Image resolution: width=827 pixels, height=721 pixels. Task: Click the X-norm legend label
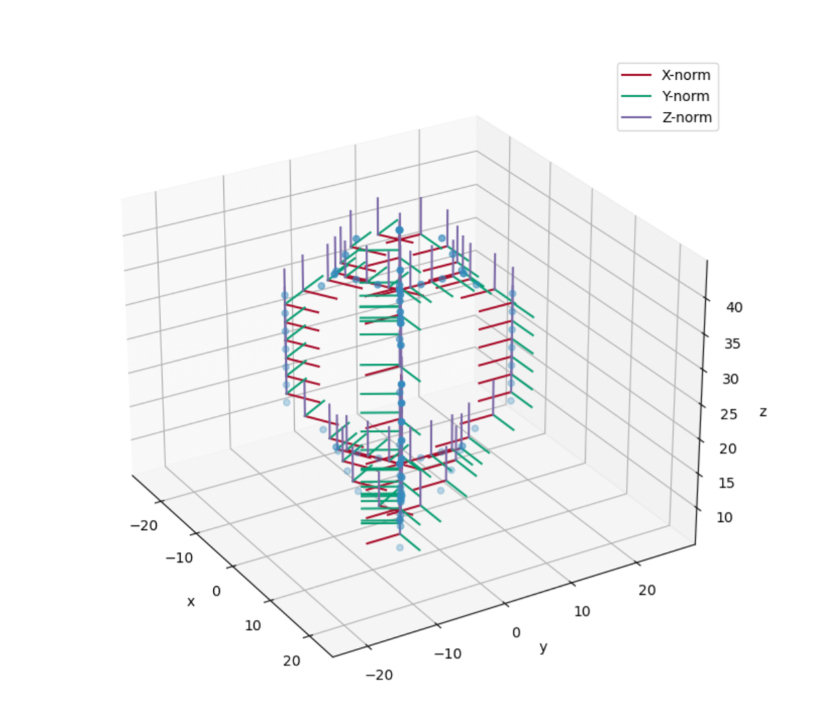click(x=686, y=75)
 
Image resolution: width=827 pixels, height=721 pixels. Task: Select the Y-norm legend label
click(x=686, y=96)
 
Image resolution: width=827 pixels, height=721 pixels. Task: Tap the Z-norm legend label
click(x=687, y=117)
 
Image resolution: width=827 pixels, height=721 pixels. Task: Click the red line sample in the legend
click(x=636, y=75)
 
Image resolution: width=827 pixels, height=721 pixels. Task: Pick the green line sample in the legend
click(x=636, y=96)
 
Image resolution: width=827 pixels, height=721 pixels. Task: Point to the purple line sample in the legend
click(x=636, y=117)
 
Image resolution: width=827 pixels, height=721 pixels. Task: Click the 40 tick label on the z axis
click(x=734, y=308)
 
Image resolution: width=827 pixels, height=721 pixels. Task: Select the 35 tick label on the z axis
click(x=732, y=344)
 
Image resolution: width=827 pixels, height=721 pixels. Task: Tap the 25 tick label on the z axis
click(x=728, y=414)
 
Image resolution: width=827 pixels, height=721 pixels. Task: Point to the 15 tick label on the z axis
click(x=726, y=483)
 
